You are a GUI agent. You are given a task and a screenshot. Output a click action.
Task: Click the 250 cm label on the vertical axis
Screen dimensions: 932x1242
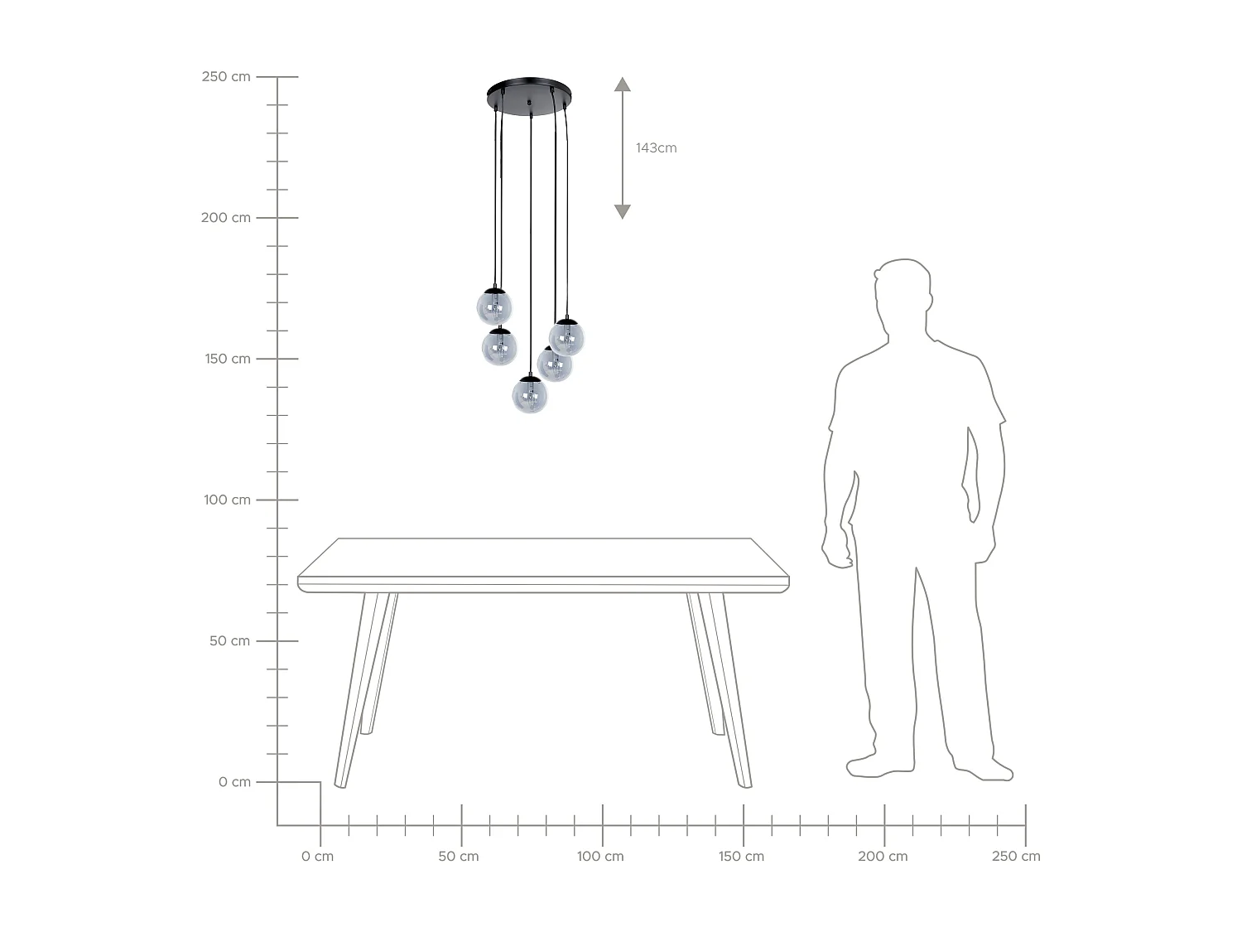(226, 76)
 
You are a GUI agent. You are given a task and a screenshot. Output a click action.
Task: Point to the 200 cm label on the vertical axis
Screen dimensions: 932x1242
(225, 217)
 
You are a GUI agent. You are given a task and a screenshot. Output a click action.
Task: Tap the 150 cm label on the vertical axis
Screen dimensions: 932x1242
(228, 359)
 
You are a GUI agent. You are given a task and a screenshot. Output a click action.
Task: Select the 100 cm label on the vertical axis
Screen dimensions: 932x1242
(227, 500)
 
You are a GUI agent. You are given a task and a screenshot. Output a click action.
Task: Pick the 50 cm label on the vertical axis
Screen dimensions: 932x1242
(229, 640)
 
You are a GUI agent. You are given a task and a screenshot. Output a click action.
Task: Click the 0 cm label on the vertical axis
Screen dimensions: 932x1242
(234, 782)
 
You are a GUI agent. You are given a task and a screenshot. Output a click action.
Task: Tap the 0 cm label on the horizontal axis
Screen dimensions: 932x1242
(317, 856)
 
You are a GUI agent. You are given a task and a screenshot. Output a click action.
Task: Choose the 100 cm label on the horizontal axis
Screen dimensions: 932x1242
(600, 856)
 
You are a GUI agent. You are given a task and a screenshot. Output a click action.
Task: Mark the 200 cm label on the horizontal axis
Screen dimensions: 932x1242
(883, 856)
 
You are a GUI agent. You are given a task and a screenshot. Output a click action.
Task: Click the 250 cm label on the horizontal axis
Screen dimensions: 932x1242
(1016, 856)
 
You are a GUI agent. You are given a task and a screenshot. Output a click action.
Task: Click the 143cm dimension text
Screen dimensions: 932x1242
(656, 147)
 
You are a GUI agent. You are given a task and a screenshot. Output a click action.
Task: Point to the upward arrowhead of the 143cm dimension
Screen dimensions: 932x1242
(623, 85)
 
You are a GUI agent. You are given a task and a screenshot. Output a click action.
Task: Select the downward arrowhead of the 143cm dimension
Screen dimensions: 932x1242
(623, 211)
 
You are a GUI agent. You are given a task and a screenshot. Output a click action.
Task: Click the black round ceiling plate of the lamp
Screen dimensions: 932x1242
(530, 94)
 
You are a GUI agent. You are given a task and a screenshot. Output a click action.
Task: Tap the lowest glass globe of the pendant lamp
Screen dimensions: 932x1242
(530, 394)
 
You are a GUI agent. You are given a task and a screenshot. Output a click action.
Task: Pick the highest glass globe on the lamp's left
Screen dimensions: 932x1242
(494, 307)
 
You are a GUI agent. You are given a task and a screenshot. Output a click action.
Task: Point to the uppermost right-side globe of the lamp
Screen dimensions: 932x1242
(566, 336)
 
